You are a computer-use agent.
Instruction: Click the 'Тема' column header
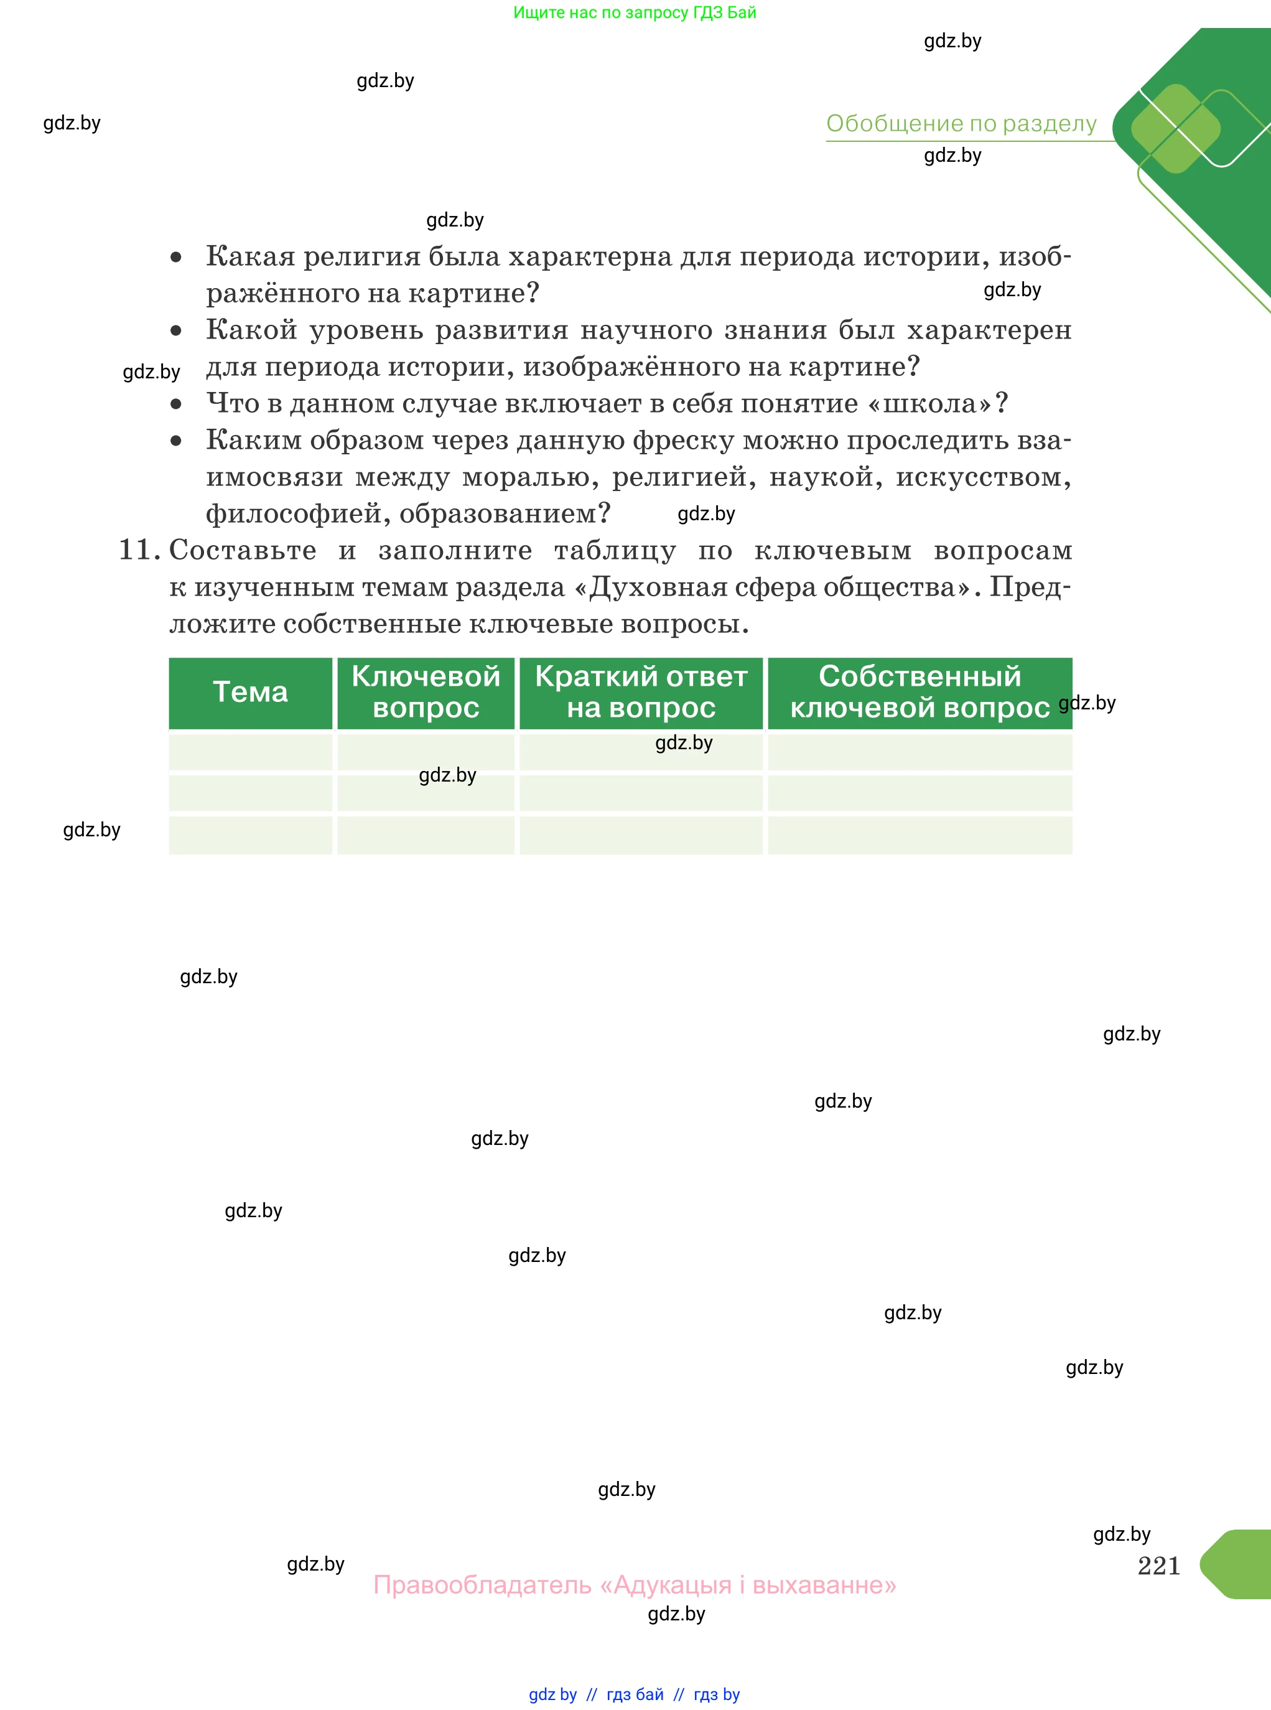[x=250, y=692]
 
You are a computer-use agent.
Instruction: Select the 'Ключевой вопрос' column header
[x=426, y=692]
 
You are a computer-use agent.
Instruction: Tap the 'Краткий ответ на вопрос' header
[x=641, y=692]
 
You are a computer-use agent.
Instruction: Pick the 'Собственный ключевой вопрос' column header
[x=919, y=692]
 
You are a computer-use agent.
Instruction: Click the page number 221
[x=1158, y=1566]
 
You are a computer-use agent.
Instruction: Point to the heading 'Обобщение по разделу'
[x=961, y=123]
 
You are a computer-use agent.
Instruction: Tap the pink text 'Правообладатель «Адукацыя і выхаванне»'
[x=635, y=1586]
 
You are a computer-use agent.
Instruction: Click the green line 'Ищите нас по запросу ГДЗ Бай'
[x=635, y=12]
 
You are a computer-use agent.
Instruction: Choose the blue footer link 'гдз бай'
[x=635, y=1694]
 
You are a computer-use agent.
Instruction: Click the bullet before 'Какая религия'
[x=176, y=257]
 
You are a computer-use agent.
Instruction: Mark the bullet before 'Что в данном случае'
[x=176, y=404]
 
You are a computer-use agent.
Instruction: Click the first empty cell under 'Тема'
[x=250, y=752]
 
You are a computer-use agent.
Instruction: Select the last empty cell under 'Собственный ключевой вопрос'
[x=919, y=835]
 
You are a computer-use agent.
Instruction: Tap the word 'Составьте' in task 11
[x=243, y=550]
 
